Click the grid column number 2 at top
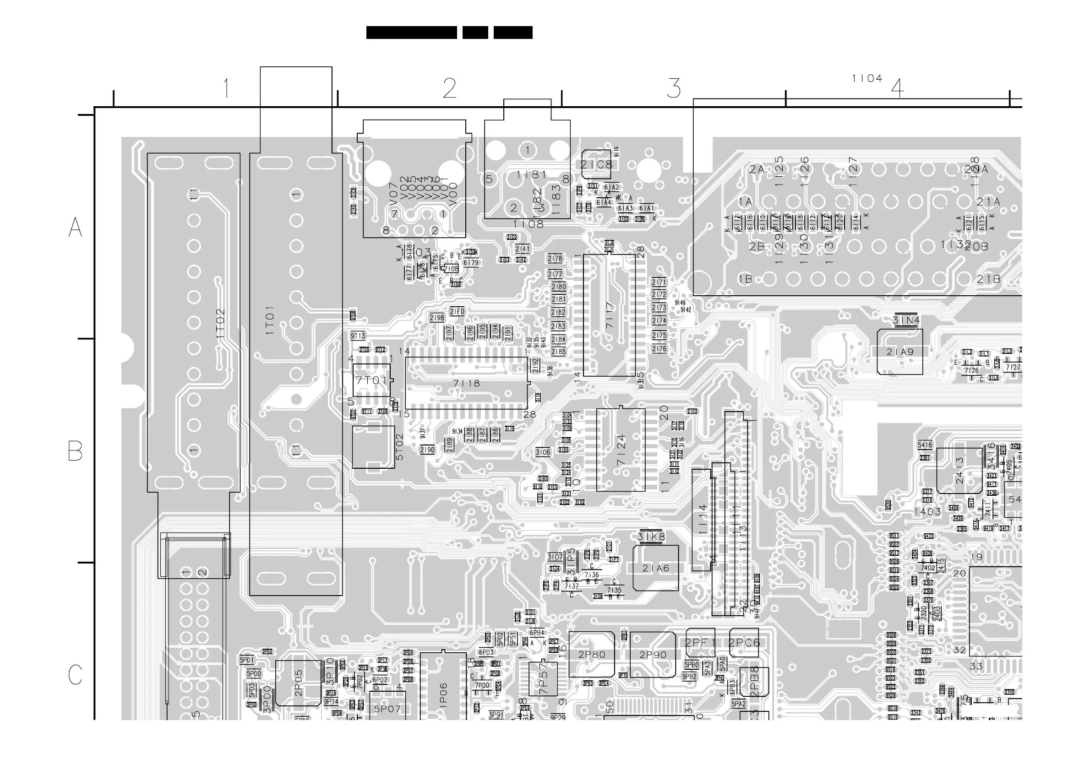(450, 88)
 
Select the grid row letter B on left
(76, 451)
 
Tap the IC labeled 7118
(466, 383)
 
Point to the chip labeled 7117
(610, 315)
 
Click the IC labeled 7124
(621, 450)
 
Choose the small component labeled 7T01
(372, 380)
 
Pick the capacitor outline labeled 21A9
(899, 352)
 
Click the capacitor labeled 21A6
(656, 568)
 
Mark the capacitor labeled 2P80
(592, 654)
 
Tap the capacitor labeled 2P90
(653, 655)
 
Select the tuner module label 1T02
(220, 323)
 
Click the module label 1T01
(270, 320)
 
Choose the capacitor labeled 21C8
(596, 164)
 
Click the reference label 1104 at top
(867, 78)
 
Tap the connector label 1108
(529, 224)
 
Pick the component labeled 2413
(959, 471)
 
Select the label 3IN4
(906, 321)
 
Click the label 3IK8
(651, 537)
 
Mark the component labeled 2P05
(298, 683)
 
